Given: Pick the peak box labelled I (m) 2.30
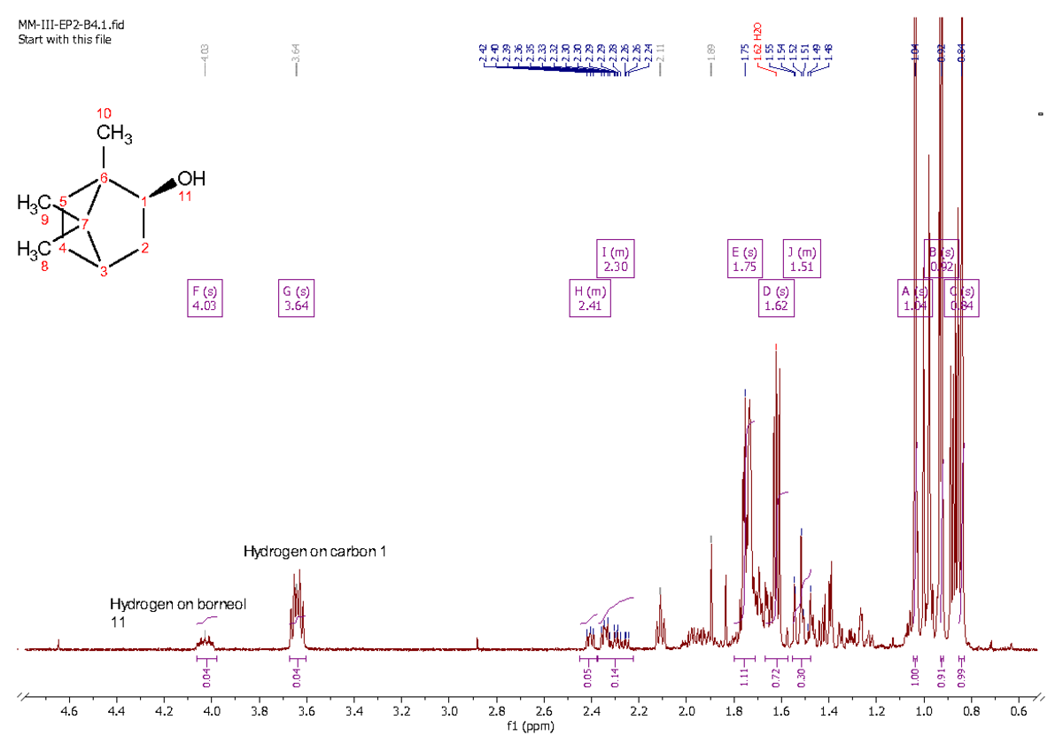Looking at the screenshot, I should (615, 259).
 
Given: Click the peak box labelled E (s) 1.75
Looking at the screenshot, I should (745, 259).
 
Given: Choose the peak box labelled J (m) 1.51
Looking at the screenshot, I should (802, 259).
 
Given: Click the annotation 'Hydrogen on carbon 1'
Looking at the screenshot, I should (314, 552).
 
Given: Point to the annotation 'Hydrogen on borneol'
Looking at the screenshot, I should (177, 604).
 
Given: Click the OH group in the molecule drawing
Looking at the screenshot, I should (190, 178).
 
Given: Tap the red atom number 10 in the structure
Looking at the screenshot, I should (104, 113).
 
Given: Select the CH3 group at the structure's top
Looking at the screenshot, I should (114, 135).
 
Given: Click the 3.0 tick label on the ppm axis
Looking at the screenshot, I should (448, 710).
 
